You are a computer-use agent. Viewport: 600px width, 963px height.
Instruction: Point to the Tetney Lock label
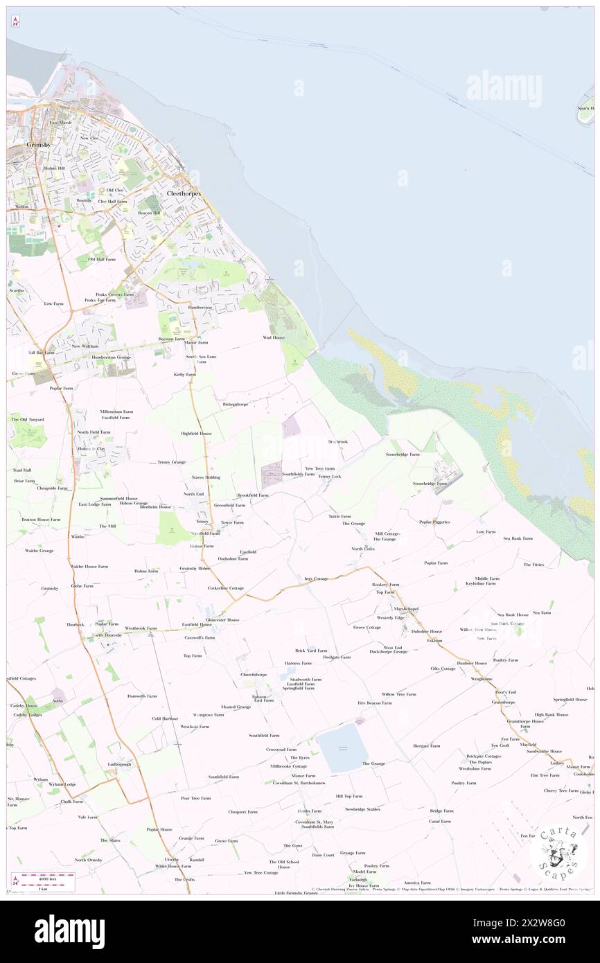[330, 477]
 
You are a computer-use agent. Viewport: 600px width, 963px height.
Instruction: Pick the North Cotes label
[362, 548]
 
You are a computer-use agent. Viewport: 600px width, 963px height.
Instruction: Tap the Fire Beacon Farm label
[374, 703]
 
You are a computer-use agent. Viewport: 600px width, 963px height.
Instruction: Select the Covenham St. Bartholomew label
[299, 783]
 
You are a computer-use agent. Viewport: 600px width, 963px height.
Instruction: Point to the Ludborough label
[119, 764]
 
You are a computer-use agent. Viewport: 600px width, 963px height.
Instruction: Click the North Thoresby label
[107, 635]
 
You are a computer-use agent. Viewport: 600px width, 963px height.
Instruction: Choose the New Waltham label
[85, 346]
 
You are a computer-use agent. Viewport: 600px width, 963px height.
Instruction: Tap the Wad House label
[273, 337]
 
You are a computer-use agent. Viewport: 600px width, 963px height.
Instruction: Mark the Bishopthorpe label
[233, 403]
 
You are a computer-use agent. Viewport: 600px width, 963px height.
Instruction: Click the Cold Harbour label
[165, 718]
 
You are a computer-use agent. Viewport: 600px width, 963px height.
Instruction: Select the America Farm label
[417, 883]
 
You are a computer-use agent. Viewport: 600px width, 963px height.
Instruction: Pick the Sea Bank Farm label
[518, 538]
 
